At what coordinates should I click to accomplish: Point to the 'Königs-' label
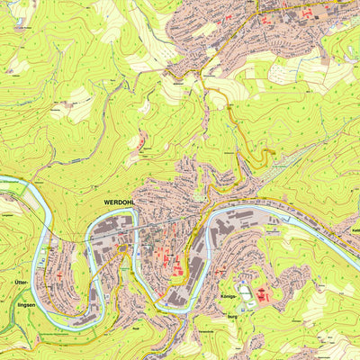tap(228, 296)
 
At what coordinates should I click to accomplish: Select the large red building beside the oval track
tap(262, 294)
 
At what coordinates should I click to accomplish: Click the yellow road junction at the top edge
tap(259, 4)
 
